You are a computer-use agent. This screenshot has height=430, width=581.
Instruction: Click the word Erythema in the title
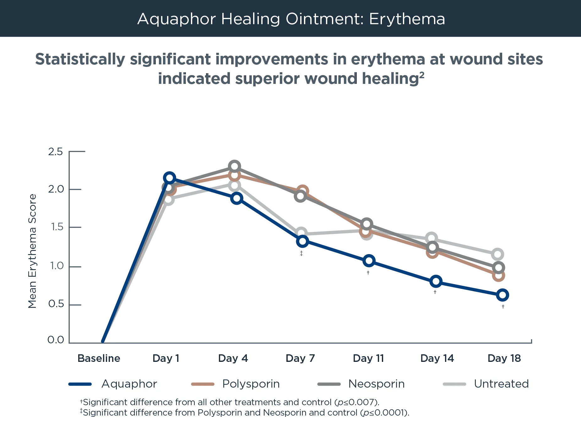407,19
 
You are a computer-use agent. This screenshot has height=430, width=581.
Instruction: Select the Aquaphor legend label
129,384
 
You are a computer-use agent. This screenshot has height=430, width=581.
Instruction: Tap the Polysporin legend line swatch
203,384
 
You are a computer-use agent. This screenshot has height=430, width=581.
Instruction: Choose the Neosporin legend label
376,384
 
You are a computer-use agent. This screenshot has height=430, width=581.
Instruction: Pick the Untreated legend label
501,384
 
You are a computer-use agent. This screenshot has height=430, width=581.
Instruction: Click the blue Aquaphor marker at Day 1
169,178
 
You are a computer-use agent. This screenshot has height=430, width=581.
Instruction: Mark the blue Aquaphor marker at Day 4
237,198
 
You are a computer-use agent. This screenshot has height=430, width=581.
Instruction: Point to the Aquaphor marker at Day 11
369,261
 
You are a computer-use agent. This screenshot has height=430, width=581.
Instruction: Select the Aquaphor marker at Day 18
502,295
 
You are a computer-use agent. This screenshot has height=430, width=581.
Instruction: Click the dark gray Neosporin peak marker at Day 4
234,166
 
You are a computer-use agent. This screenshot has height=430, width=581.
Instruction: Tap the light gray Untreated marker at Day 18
497,254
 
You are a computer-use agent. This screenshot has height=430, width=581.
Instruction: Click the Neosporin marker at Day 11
367,224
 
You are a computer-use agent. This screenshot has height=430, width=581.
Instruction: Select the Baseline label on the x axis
99,358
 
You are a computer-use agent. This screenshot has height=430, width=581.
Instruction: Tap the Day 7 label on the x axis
301,358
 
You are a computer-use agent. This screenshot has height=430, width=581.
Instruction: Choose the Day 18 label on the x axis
504,358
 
